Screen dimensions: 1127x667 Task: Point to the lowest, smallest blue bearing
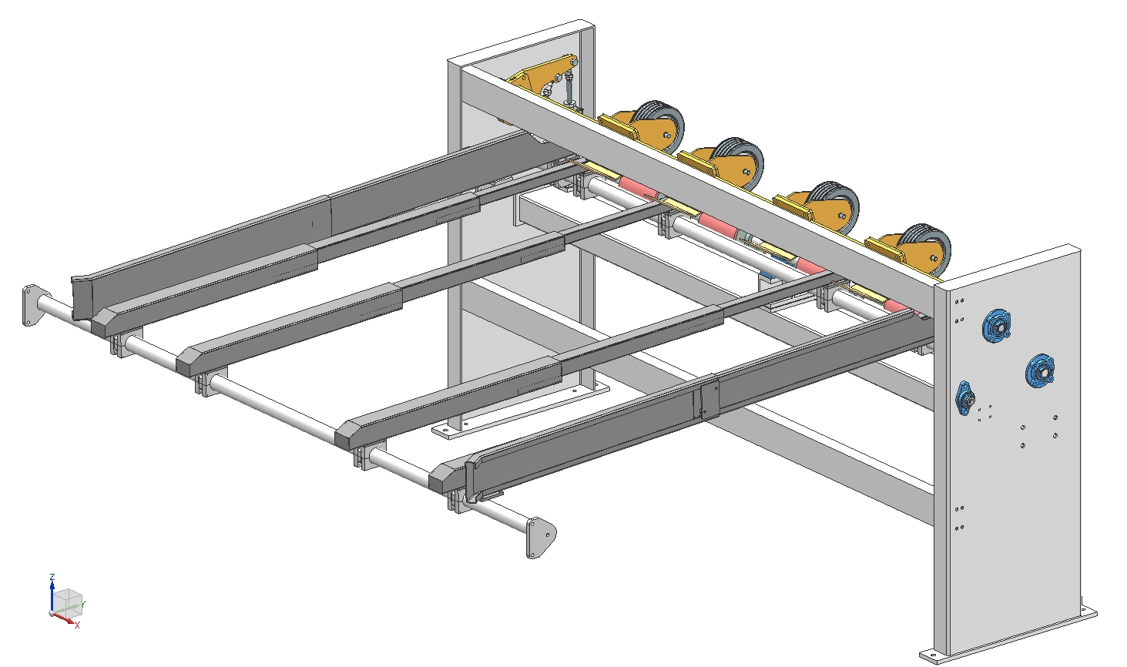[x=964, y=398]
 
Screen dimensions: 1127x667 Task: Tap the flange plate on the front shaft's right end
[x=540, y=538]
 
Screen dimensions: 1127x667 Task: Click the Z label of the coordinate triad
[x=52, y=577]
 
